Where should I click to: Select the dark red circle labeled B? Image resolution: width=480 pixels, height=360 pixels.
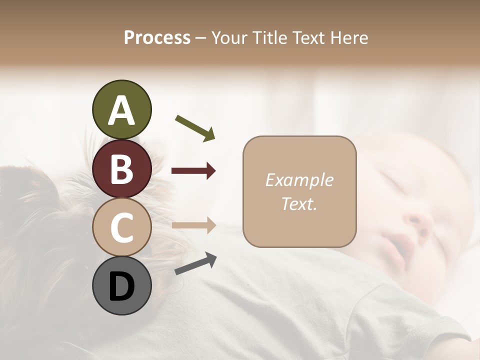pyautogui.click(x=121, y=168)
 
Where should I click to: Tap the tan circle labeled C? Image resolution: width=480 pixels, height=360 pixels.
pyautogui.click(x=121, y=227)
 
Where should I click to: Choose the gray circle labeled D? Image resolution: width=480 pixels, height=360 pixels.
pyautogui.click(x=121, y=285)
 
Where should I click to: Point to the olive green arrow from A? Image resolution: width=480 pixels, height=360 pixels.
pyautogui.click(x=195, y=127)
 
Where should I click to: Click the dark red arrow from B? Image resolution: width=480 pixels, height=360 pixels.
pyautogui.click(x=193, y=171)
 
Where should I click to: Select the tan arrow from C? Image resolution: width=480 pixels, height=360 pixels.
pyautogui.click(x=193, y=225)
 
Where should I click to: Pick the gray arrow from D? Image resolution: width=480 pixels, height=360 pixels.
pyautogui.click(x=195, y=263)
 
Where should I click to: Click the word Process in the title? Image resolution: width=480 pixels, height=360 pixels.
pyautogui.click(x=157, y=37)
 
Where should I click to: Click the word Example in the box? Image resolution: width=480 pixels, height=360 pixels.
pyautogui.click(x=299, y=180)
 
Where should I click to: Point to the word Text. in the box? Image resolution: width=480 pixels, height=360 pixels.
pyautogui.click(x=299, y=203)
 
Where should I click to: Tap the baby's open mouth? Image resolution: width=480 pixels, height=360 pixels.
pyautogui.click(x=400, y=245)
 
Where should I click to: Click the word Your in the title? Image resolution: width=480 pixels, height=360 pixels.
pyautogui.click(x=228, y=37)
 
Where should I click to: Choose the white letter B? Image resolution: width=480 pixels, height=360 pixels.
pyautogui.click(x=121, y=169)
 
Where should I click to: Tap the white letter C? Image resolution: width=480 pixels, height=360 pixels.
pyautogui.click(x=121, y=228)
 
